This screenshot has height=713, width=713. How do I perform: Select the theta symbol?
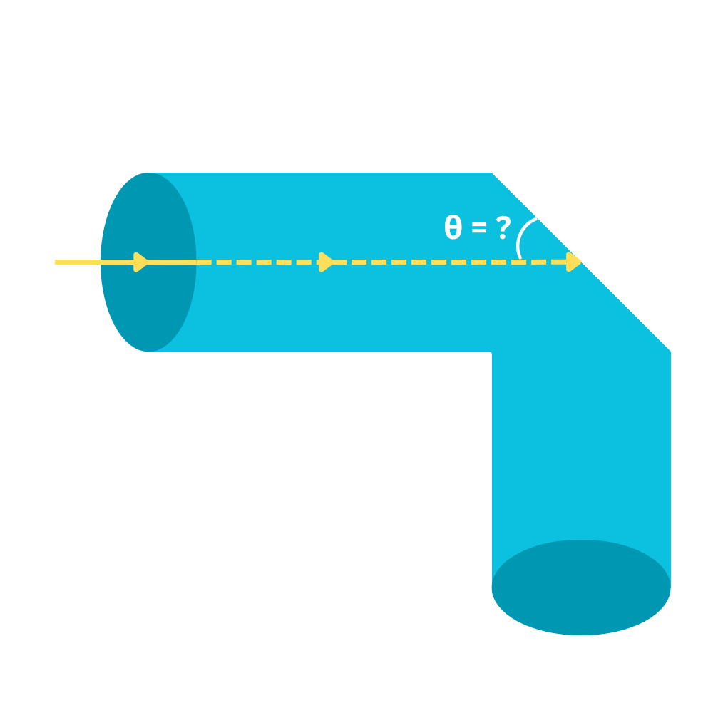click(x=453, y=228)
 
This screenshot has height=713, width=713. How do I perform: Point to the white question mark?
click(x=503, y=227)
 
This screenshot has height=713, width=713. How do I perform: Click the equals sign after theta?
click(x=478, y=228)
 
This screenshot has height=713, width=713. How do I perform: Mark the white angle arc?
click(x=523, y=236)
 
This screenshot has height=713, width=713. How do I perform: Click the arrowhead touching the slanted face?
click(x=574, y=262)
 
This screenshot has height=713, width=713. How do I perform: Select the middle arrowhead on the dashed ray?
click(x=327, y=262)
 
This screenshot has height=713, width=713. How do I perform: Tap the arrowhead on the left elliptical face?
click(x=141, y=262)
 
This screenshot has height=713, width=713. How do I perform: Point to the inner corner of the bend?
click(x=491, y=352)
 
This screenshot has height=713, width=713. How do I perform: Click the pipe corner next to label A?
click(x=493, y=173)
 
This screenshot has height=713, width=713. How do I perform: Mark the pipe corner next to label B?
click(x=671, y=352)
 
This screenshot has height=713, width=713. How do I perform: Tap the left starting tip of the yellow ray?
click(x=56, y=262)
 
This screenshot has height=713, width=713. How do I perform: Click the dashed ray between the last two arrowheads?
click(x=449, y=262)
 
